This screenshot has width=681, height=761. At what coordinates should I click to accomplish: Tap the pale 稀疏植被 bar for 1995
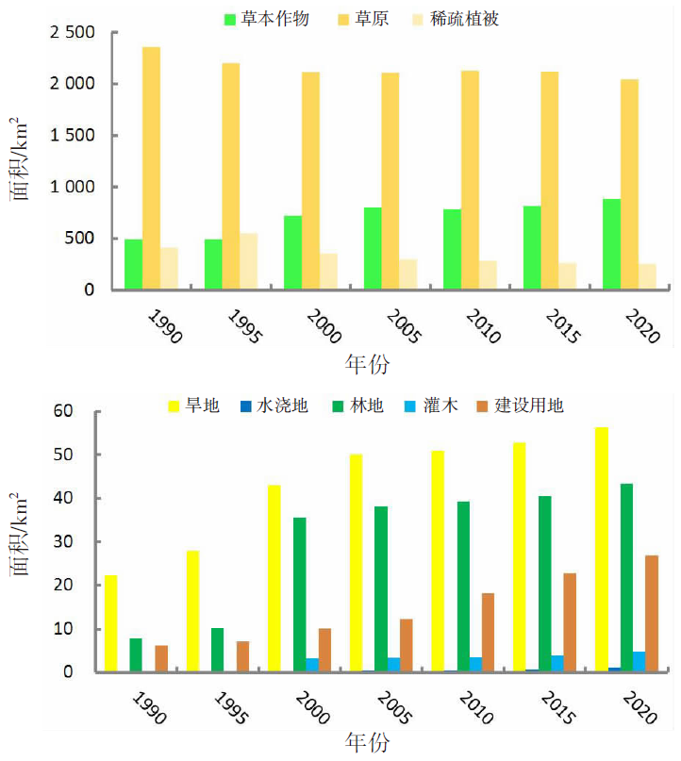[x=249, y=261]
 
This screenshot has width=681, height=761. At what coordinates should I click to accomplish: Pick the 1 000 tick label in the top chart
[x=69, y=187]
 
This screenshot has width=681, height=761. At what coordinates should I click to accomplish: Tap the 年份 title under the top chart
[x=367, y=364]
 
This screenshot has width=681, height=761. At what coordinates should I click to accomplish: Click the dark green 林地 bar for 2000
[x=300, y=594]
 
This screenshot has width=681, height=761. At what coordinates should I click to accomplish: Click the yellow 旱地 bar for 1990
[x=111, y=623]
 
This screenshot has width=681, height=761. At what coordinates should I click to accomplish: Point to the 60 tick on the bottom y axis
[x=64, y=411]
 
